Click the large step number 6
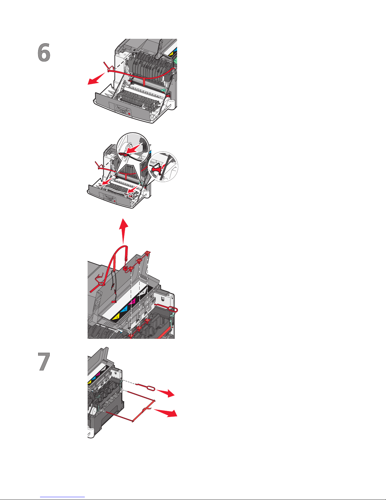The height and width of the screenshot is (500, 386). pyautogui.click(x=44, y=53)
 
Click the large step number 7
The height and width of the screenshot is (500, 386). pyautogui.click(x=44, y=362)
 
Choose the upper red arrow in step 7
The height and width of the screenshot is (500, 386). pyautogui.click(x=166, y=392)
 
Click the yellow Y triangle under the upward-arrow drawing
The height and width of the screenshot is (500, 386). pyautogui.click(x=117, y=316)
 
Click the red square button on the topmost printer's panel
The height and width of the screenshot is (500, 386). pyautogui.click(x=130, y=113)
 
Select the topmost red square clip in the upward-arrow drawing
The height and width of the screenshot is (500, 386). pyautogui.click(x=148, y=253)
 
